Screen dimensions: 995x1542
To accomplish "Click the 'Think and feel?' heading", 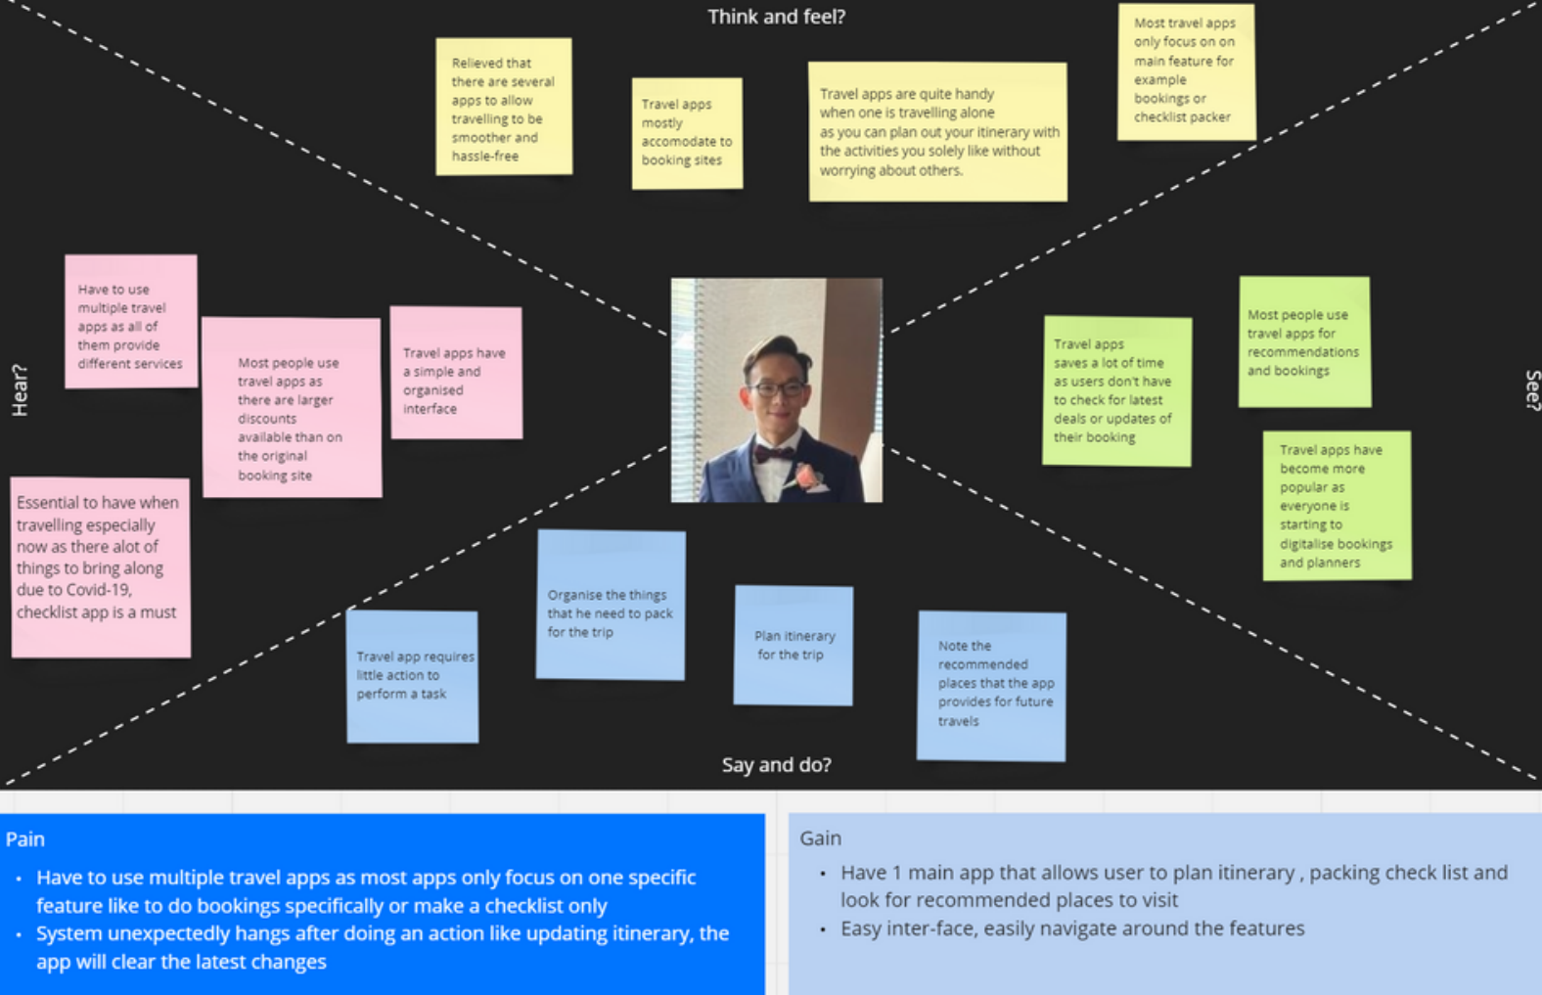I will point(776,17).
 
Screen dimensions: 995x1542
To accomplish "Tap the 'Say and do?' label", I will point(776,765).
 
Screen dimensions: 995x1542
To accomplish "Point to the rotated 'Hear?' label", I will point(20,390).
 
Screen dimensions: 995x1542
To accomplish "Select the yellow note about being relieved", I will point(503,108).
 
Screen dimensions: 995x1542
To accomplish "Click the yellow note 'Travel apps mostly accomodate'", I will point(687,133).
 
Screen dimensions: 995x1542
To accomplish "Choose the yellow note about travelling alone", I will point(937,132).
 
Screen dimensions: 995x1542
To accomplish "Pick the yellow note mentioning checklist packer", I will point(1185,71).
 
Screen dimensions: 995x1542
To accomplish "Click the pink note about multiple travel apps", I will point(131,322).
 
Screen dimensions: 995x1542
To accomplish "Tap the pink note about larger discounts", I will point(292,407).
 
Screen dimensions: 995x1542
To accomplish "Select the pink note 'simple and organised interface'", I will point(456,373).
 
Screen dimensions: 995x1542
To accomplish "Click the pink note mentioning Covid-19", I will point(100,566).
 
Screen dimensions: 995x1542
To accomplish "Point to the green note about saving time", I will point(1116,390).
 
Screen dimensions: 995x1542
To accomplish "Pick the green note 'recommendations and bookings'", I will point(1303,341).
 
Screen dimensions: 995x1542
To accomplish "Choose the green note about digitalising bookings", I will point(1337,506).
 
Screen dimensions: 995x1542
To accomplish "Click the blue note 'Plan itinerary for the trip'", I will point(794,646).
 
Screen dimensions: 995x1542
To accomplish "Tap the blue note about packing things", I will point(611,605).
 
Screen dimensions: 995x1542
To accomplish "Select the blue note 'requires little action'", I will point(413,676).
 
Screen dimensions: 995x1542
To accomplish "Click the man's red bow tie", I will point(773,453).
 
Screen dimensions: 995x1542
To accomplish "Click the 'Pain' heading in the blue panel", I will point(25,839).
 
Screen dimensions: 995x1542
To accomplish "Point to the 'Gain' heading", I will point(820,838).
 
